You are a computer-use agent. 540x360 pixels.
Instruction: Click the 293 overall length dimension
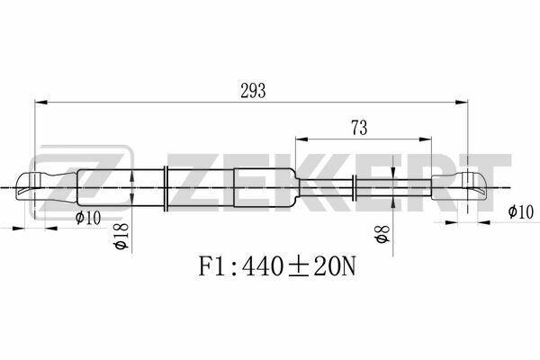tap(253, 91)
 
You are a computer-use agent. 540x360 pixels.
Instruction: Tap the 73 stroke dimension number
tap(359, 128)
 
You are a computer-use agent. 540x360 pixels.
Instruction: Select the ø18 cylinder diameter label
tap(121, 237)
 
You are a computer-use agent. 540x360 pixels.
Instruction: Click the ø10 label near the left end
tap(88, 218)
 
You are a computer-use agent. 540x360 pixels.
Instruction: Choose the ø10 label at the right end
tap(521, 211)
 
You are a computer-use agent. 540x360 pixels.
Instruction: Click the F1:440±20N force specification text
tap(277, 266)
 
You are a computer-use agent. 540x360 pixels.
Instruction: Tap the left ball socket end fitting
tap(47, 186)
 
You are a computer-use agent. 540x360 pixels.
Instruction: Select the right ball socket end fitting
tap(459, 186)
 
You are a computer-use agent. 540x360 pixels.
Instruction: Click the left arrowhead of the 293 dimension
tap(41, 103)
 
